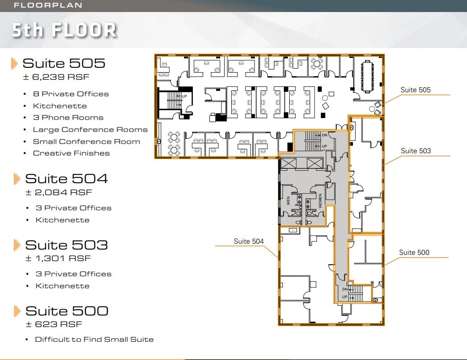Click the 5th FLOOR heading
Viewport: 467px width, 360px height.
[64, 30]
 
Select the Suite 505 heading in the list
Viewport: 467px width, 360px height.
[64, 63]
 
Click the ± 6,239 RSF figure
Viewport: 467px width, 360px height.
[56, 77]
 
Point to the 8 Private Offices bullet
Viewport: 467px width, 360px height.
[71, 94]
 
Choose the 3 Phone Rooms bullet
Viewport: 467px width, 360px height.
[68, 118]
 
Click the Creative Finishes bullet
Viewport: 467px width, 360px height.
[71, 153]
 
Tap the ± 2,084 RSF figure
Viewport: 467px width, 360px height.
[58, 192]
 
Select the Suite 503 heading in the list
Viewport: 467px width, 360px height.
[66, 245]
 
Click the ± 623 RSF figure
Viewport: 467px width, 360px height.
[53, 324]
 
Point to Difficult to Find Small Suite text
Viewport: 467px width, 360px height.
[94, 340]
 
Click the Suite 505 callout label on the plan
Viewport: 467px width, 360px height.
[415, 90]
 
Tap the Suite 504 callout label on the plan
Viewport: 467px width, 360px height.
[249, 241]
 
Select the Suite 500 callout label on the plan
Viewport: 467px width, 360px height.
[414, 253]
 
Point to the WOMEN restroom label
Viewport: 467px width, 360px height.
[320, 200]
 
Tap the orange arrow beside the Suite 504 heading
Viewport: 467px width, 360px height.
[17, 179]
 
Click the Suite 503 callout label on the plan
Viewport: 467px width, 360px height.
[416, 151]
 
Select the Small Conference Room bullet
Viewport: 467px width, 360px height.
[86, 142]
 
